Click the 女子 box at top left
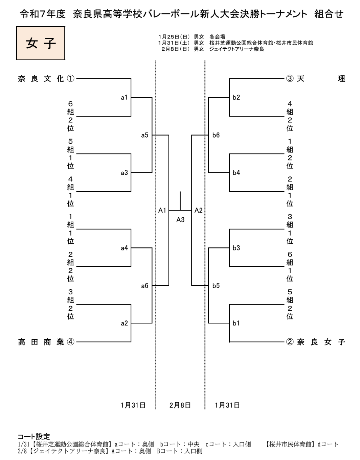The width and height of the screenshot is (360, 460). [x=41, y=43]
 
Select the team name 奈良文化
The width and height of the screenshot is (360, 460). [x=41, y=79]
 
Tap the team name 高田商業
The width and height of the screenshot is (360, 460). [x=41, y=342]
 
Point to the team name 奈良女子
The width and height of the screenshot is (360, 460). [x=321, y=342]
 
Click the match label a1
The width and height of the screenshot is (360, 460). [x=124, y=98]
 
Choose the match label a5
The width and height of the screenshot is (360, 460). [x=145, y=136]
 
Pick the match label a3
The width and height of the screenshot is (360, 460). [x=124, y=173]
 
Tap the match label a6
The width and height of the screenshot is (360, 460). [x=145, y=286]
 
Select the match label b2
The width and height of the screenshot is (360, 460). [x=236, y=98]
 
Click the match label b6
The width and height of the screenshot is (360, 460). [x=216, y=136]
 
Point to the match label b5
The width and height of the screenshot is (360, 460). [x=216, y=286]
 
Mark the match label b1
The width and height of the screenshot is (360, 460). [x=236, y=323]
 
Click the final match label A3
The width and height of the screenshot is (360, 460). [x=180, y=220]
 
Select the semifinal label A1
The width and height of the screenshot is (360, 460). [x=162, y=211]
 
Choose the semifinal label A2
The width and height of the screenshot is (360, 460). [x=198, y=211]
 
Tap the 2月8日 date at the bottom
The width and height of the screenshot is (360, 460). [x=180, y=405]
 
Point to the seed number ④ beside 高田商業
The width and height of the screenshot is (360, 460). [x=70, y=342]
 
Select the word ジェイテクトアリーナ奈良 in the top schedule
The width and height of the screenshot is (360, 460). [x=237, y=49]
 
